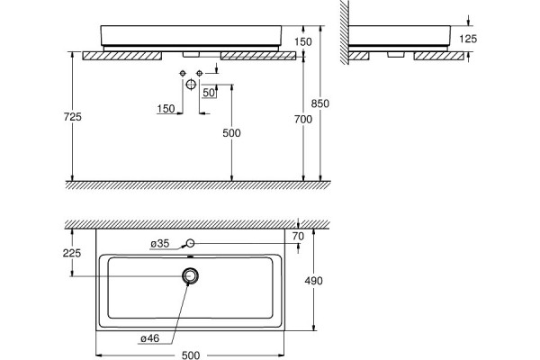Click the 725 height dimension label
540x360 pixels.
pyautogui.click(x=73, y=117)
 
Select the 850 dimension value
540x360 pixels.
pyautogui.click(x=319, y=103)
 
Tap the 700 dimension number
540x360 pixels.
pyautogui.click(x=303, y=119)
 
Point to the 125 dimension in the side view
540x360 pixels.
pyautogui.click(x=468, y=39)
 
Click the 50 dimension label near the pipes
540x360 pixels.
pyautogui.click(x=209, y=93)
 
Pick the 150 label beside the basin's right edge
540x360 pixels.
pyautogui.click(x=303, y=41)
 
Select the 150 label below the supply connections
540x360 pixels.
pyautogui.click(x=166, y=109)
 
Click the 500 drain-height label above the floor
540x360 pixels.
pyautogui.click(x=231, y=133)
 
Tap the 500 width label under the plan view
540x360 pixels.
pyautogui.click(x=191, y=355)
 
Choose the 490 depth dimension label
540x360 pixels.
pyautogui.click(x=314, y=281)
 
